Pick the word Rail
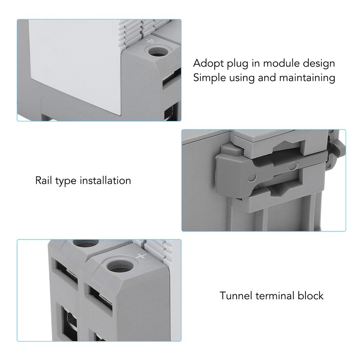tap(44, 181)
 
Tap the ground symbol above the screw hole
tap(150, 42)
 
